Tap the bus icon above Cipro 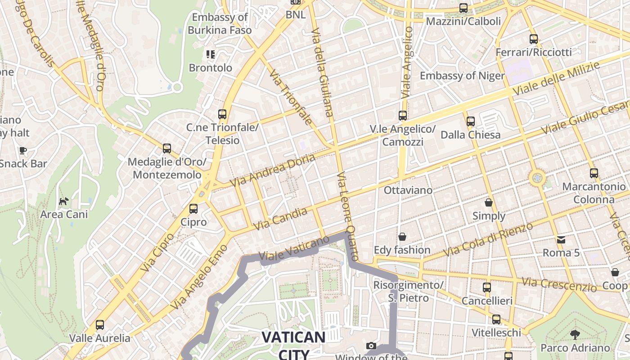click(193, 208)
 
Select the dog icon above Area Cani click(64, 201)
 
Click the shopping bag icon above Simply click(489, 202)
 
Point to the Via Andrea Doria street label click(272, 171)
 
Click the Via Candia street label click(280, 219)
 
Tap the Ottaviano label click(408, 190)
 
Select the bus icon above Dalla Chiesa click(470, 121)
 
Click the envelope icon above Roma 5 click(561, 239)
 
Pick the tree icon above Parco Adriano click(575, 334)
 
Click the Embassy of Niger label click(462, 76)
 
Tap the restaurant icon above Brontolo click(210, 54)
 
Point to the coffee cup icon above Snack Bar click(22, 150)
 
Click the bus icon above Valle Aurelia click(99, 324)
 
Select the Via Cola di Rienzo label click(488, 239)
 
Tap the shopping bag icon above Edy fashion click(402, 236)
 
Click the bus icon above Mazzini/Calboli click(463, 8)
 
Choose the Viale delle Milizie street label click(556, 78)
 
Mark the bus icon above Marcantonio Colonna click(594, 173)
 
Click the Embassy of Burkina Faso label click(220, 24)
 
